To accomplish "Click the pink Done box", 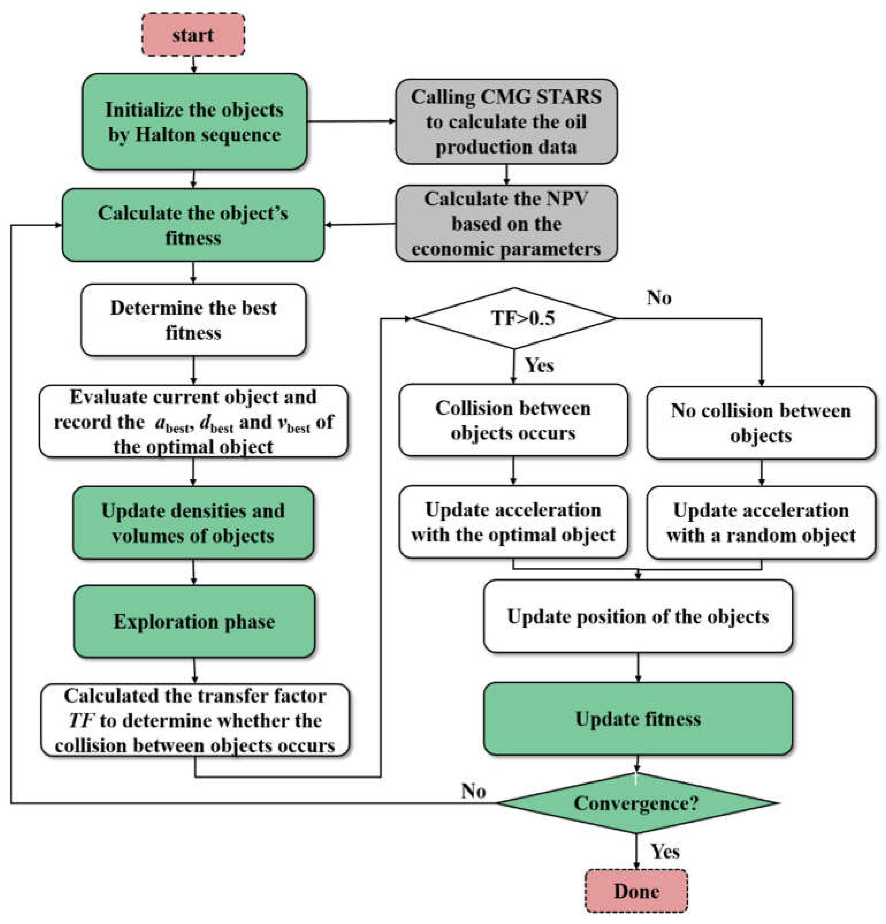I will point(636,891).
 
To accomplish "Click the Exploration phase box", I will point(194,621).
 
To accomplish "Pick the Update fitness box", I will point(638,718).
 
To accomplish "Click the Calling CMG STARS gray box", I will point(506,122).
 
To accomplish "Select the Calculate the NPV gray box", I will point(506,224).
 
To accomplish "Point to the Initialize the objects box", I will point(194,122).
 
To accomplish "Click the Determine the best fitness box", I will point(193,320).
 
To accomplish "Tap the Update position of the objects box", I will point(638,616).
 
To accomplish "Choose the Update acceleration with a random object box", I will point(761,522).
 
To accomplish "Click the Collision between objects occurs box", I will point(513,420).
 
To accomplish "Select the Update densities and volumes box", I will point(193,523).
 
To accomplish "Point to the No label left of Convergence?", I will point(473,791).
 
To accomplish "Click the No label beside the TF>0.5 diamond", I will point(659,298).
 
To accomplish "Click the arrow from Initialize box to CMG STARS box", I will point(351,121).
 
